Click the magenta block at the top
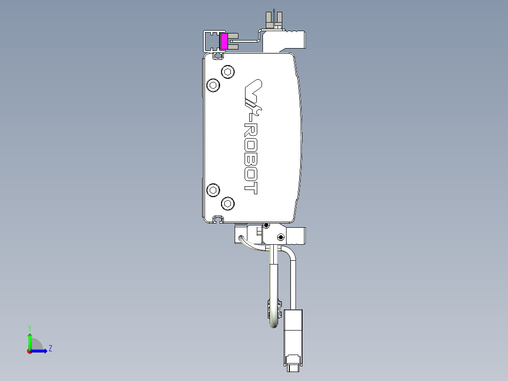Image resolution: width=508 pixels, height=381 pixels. [224, 41]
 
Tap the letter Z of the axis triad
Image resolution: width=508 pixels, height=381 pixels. [50, 349]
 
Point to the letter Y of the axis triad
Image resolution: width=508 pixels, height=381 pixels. [30, 327]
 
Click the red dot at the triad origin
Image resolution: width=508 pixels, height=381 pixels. [29, 351]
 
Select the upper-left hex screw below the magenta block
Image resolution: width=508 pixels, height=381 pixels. [213, 85]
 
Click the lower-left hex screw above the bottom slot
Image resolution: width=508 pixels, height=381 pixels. [213, 190]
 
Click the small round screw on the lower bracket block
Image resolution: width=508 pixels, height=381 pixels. [281, 237]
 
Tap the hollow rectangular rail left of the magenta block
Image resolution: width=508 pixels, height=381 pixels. [211, 41]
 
